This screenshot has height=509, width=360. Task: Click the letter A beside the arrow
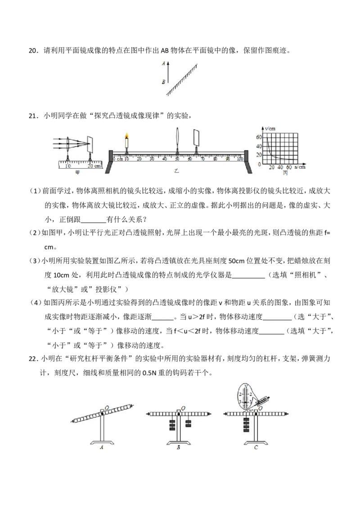point(163,63)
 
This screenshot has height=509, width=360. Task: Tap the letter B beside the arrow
point(163,82)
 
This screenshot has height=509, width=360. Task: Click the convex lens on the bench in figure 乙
point(177,138)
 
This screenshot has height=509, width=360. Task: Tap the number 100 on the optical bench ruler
point(240,159)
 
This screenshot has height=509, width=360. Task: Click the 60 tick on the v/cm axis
point(259,137)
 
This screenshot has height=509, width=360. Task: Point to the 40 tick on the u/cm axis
point(280,167)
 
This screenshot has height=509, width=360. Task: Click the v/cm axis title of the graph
point(270,129)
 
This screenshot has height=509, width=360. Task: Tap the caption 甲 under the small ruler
point(77,173)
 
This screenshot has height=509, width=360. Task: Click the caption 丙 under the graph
point(285,173)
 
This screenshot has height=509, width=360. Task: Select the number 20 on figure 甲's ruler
point(90,166)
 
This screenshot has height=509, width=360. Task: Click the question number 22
point(33,358)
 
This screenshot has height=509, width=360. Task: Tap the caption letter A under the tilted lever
point(101,447)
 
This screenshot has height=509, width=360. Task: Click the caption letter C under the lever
point(256,447)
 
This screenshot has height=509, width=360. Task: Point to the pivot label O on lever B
point(183,408)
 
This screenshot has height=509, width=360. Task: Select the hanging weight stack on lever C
point(247,425)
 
